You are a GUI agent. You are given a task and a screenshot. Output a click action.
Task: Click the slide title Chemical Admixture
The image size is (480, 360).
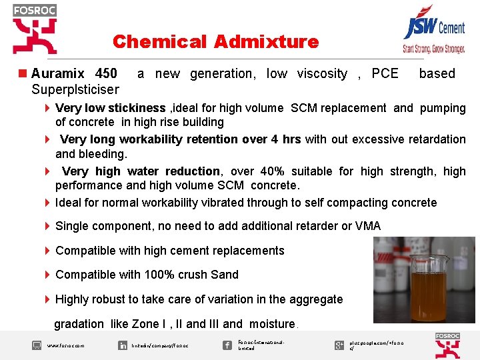[x=215, y=42]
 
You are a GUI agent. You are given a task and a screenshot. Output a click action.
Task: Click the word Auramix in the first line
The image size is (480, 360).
[x=58, y=73]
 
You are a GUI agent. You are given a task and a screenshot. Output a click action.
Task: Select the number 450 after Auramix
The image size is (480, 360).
[x=106, y=73]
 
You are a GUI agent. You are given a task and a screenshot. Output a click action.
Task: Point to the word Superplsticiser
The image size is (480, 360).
[x=75, y=89]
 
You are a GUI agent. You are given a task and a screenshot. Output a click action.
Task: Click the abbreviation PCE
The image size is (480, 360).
[x=385, y=73]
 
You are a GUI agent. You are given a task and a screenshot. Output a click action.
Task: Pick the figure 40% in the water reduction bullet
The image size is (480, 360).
[x=284, y=171]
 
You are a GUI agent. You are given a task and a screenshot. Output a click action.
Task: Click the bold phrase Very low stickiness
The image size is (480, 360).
[x=110, y=108]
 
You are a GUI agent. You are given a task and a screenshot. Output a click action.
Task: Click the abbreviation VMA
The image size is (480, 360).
[x=368, y=226]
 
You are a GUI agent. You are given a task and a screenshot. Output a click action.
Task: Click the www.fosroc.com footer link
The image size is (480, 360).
[x=66, y=345]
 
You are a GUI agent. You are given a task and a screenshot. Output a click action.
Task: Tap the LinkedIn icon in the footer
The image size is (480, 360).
[x=123, y=345]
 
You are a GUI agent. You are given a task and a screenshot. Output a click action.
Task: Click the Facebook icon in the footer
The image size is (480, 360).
[x=228, y=345]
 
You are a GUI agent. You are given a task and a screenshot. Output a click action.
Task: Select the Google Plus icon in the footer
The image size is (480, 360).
[x=339, y=345]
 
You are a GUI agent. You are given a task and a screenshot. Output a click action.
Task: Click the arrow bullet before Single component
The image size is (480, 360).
[x=47, y=226]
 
